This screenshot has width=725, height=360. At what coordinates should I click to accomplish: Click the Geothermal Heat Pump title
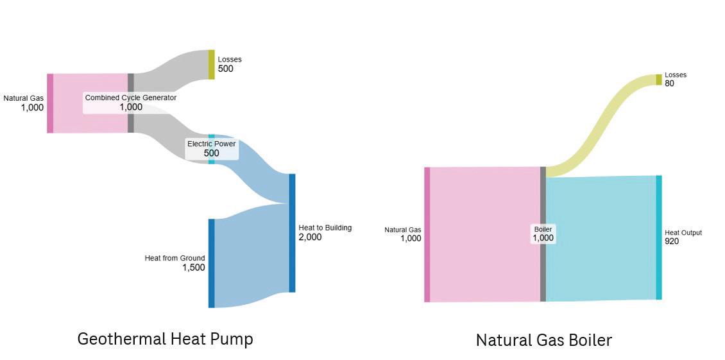(x=165, y=339)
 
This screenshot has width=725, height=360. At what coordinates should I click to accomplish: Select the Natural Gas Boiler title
(x=544, y=340)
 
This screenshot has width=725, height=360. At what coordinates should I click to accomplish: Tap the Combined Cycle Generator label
(x=131, y=98)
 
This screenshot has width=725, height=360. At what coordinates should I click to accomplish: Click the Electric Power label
(x=211, y=144)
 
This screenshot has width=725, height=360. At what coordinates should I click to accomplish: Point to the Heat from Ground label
(x=175, y=258)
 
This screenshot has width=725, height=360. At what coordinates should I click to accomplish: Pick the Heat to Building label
(x=325, y=228)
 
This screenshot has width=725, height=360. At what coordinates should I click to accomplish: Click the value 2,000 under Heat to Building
(x=310, y=237)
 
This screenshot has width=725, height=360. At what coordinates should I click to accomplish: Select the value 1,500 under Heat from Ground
(x=193, y=268)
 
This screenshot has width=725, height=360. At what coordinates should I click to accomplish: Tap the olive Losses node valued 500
(x=211, y=64)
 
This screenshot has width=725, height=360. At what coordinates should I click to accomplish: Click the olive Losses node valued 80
(x=658, y=80)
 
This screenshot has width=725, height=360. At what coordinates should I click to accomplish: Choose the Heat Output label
(x=683, y=232)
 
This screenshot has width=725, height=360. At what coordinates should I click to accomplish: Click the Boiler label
(x=543, y=229)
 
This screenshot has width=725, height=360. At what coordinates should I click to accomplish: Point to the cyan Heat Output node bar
(x=658, y=237)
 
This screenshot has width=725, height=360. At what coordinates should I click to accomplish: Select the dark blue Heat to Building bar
(x=292, y=233)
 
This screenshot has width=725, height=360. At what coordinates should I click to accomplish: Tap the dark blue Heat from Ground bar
(x=211, y=263)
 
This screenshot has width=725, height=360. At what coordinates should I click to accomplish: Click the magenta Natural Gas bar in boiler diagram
(x=427, y=234)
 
